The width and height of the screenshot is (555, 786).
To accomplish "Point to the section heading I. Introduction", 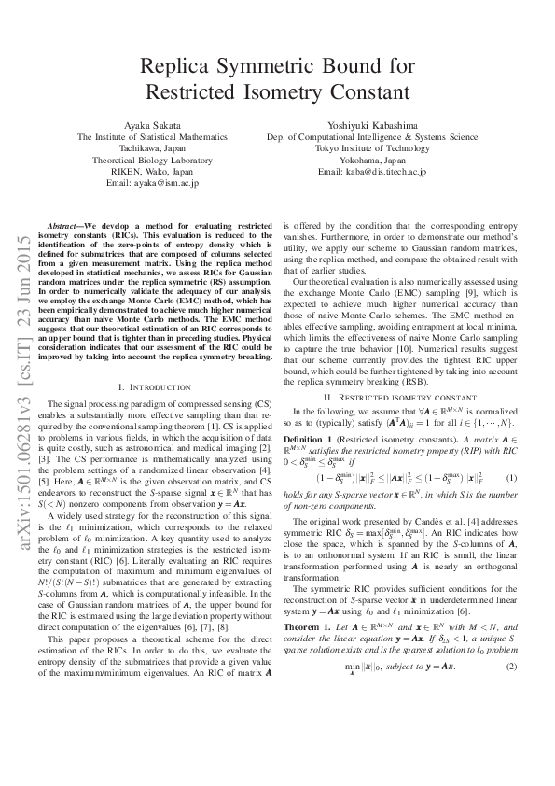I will click(157, 386).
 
